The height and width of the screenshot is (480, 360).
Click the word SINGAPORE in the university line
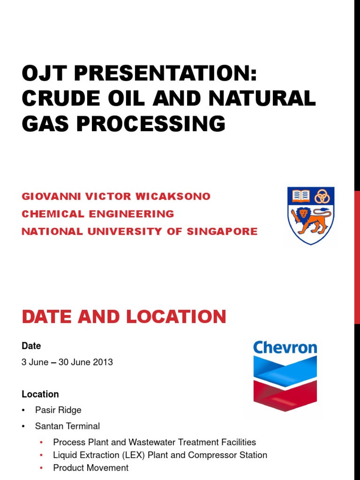pyautogui.click(x=222, y=231)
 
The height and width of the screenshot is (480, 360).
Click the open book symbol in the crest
pyautogui.click(x=301, y=195)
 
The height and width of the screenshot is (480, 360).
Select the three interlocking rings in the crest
pyautogui.click(x=322, y=196)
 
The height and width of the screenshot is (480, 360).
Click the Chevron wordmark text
pyautogui.click(x=285, y=347)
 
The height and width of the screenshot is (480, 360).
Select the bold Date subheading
pyautogui.click(x=31, y=346)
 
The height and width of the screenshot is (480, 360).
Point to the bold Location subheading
pyautogui.click(x=40, y=394)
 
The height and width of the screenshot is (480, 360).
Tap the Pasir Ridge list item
pyautogui.click(x=58, y=410)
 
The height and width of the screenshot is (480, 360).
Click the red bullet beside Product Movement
pyautogui.click(x=42, y=468)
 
